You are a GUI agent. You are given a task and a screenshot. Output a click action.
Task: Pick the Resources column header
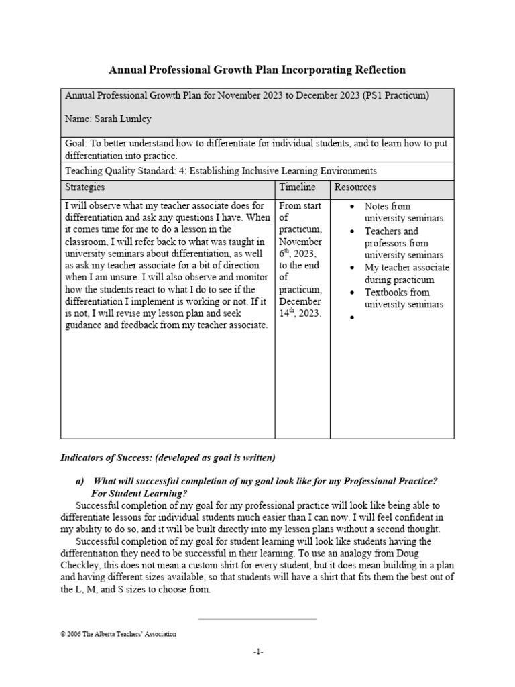coord(355,187)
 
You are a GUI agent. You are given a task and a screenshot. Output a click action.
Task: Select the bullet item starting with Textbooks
coord(403,298)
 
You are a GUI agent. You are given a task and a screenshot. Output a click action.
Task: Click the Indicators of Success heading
coord(168,458)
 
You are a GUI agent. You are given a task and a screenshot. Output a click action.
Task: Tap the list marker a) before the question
coord(78,482)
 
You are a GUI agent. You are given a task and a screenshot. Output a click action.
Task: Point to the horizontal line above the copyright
coord(257,618)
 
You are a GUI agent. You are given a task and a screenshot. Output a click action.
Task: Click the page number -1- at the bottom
coord(258,651)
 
